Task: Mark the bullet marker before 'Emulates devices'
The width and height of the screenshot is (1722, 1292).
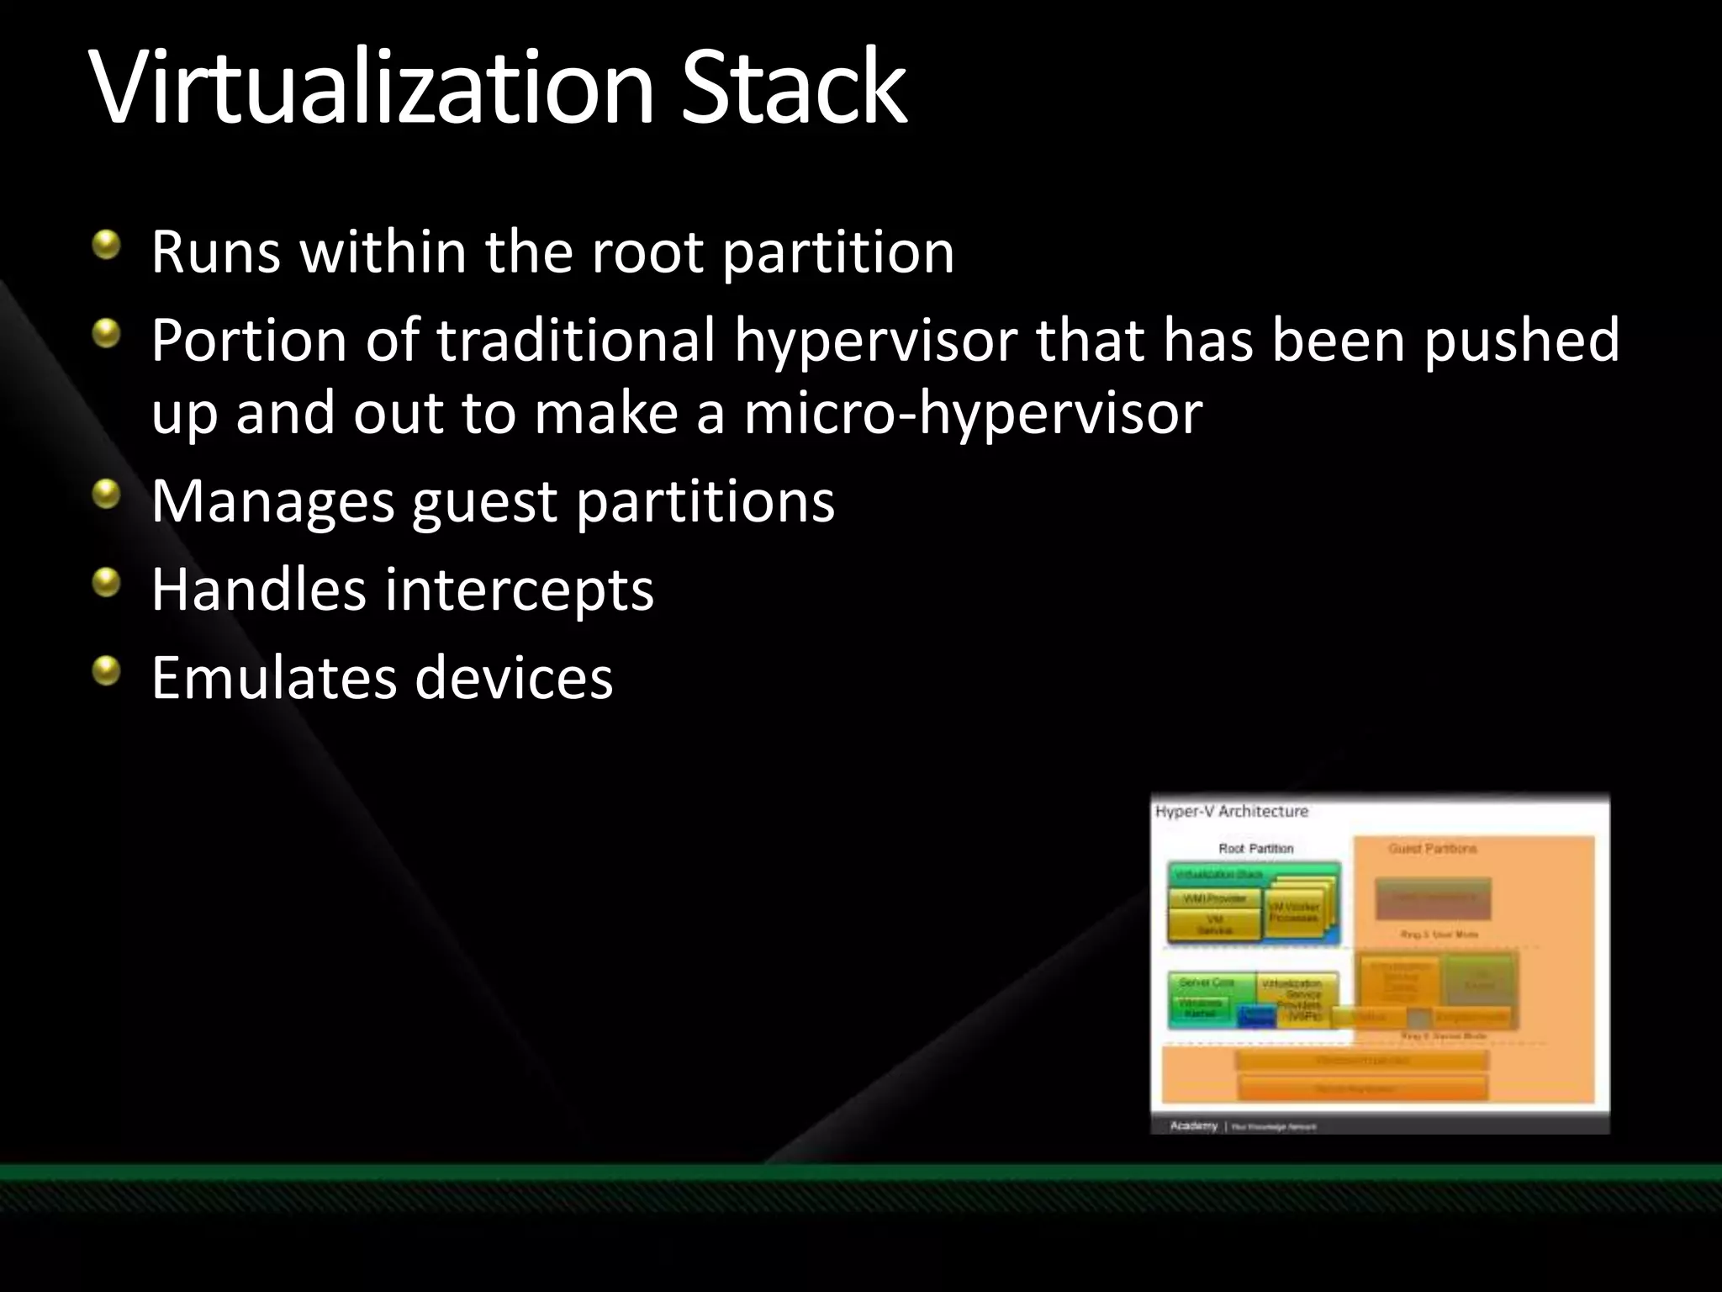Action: pos(107,671)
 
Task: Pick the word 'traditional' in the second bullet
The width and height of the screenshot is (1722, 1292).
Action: pos(576,340)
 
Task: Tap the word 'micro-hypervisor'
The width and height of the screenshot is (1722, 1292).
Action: pos(973,413)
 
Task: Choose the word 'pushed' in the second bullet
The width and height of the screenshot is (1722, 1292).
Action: pos(1521,340)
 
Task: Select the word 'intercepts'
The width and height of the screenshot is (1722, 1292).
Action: pos(519,590)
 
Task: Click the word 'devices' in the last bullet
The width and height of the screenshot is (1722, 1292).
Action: pos(514,677)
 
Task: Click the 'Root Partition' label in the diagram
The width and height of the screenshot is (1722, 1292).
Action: pos(1255,849)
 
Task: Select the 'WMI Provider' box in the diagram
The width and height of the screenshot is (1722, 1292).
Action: pos(1214,899)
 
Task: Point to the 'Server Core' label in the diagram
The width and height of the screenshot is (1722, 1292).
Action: pos(1207,982)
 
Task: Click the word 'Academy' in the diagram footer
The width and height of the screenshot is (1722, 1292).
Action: pos(1193,1125)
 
